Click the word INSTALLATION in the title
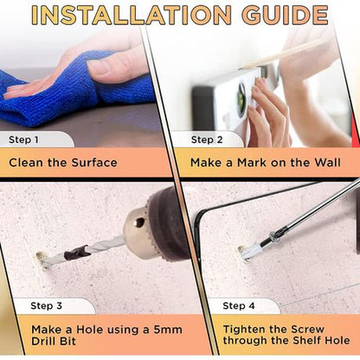tap(132, 14)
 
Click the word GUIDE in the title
tap(285, 14)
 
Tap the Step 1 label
tap(23, 140)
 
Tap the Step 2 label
tap(207, 140)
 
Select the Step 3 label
tap(46, 305)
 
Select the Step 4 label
tap(239, 305)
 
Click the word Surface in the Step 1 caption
tap(94, 163)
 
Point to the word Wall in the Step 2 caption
tap(327, 163)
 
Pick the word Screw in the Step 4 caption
tap(307, 329)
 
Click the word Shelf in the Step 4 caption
tap(306, 340)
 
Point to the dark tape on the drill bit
tap(76, 253)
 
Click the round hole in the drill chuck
tap(139, 222)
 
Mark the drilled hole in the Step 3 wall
tap(42, 260)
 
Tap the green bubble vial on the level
tap(240, 98)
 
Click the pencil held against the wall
tap(284, 55)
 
